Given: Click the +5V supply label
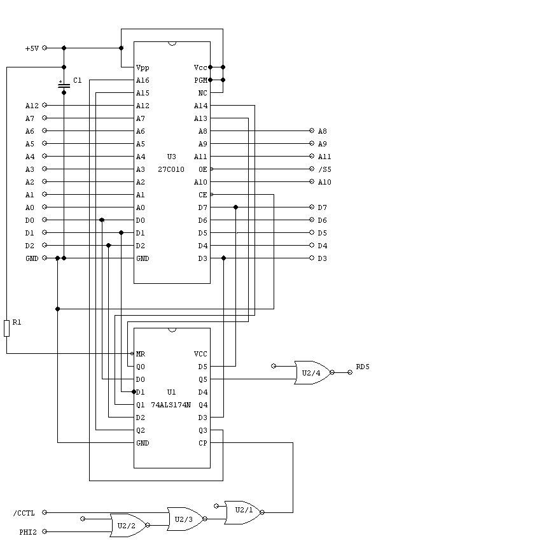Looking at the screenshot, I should (32, 48).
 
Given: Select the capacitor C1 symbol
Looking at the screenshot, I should (64, 85).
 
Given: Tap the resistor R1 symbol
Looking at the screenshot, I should (6, 328).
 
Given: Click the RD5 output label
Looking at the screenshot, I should (363, 367).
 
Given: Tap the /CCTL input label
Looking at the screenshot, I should (24, 513).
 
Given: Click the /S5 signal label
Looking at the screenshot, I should (324, 169).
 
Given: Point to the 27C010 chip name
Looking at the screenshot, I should (172, 169).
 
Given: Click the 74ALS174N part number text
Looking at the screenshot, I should (171, 405).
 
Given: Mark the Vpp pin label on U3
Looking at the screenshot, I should (142, 67).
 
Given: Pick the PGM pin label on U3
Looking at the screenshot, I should (200, 80).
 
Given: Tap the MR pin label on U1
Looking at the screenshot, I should (141, 354).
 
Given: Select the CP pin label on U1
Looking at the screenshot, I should (202, 443).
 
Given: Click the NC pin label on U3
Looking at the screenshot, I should (203, 93).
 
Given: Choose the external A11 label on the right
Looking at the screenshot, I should (324, 157).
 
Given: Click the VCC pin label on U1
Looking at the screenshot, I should (200, 354).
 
